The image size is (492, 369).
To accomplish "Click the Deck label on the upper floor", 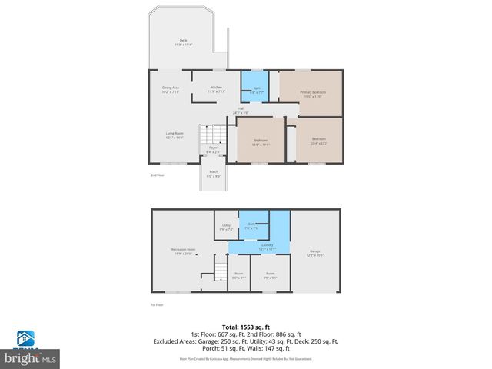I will pyautogui.click(x=183, y=42).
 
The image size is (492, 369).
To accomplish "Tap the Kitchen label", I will pyautogui.click(x=217, y=89).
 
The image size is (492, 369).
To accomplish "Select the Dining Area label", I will pyautogui.click(x=171, y=89).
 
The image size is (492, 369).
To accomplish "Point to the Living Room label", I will pyautogui.click(x=175, y=135).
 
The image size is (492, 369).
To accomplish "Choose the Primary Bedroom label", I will pyautogui.click(x=311, y=94).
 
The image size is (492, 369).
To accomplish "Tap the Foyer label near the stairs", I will pyautogui.click(x=213, y=150).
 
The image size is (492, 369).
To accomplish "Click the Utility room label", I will pyautogui.click(x=225, y=227).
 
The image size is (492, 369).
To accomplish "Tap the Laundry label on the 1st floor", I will pyautogui.click(x=266, y=247).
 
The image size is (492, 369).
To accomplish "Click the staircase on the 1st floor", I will pyautogui.click(x=220, y=271).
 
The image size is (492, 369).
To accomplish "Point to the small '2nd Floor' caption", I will pyautogui.click(x=158, y=175).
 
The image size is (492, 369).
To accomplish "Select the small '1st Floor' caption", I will pyautogui.click(x=157, y=305).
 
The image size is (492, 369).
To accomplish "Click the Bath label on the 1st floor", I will pyautogui.click(x=251, y=226).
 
